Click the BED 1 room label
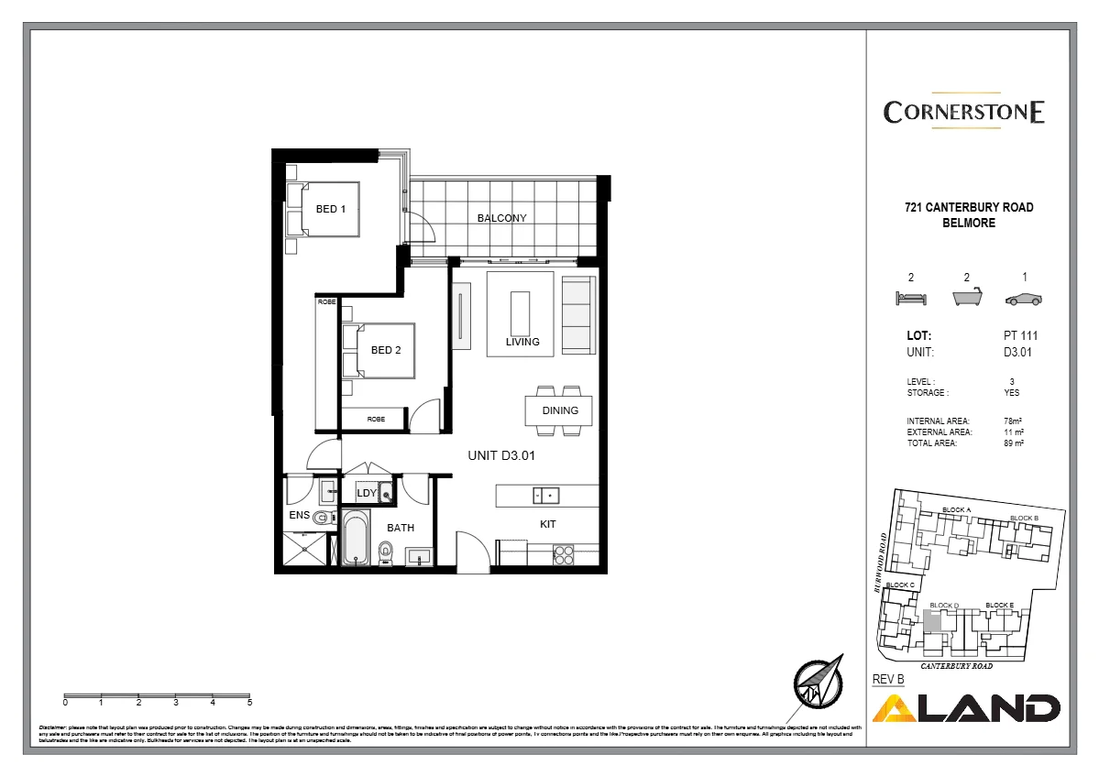point(330,209)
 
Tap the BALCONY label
point(501,218)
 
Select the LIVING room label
point(522,342)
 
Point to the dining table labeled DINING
point(559,410)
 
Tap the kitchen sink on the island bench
point(544,496)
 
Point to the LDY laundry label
point(367,493)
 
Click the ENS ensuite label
point(299,516)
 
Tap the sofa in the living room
point(577,314)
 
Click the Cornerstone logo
point(963,112)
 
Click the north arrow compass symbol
point(817,683)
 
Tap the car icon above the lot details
point(1023,299)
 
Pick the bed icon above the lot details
point(910,299)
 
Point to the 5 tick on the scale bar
point(249,703)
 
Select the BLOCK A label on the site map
point(956,510)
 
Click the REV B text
point(888,679)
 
